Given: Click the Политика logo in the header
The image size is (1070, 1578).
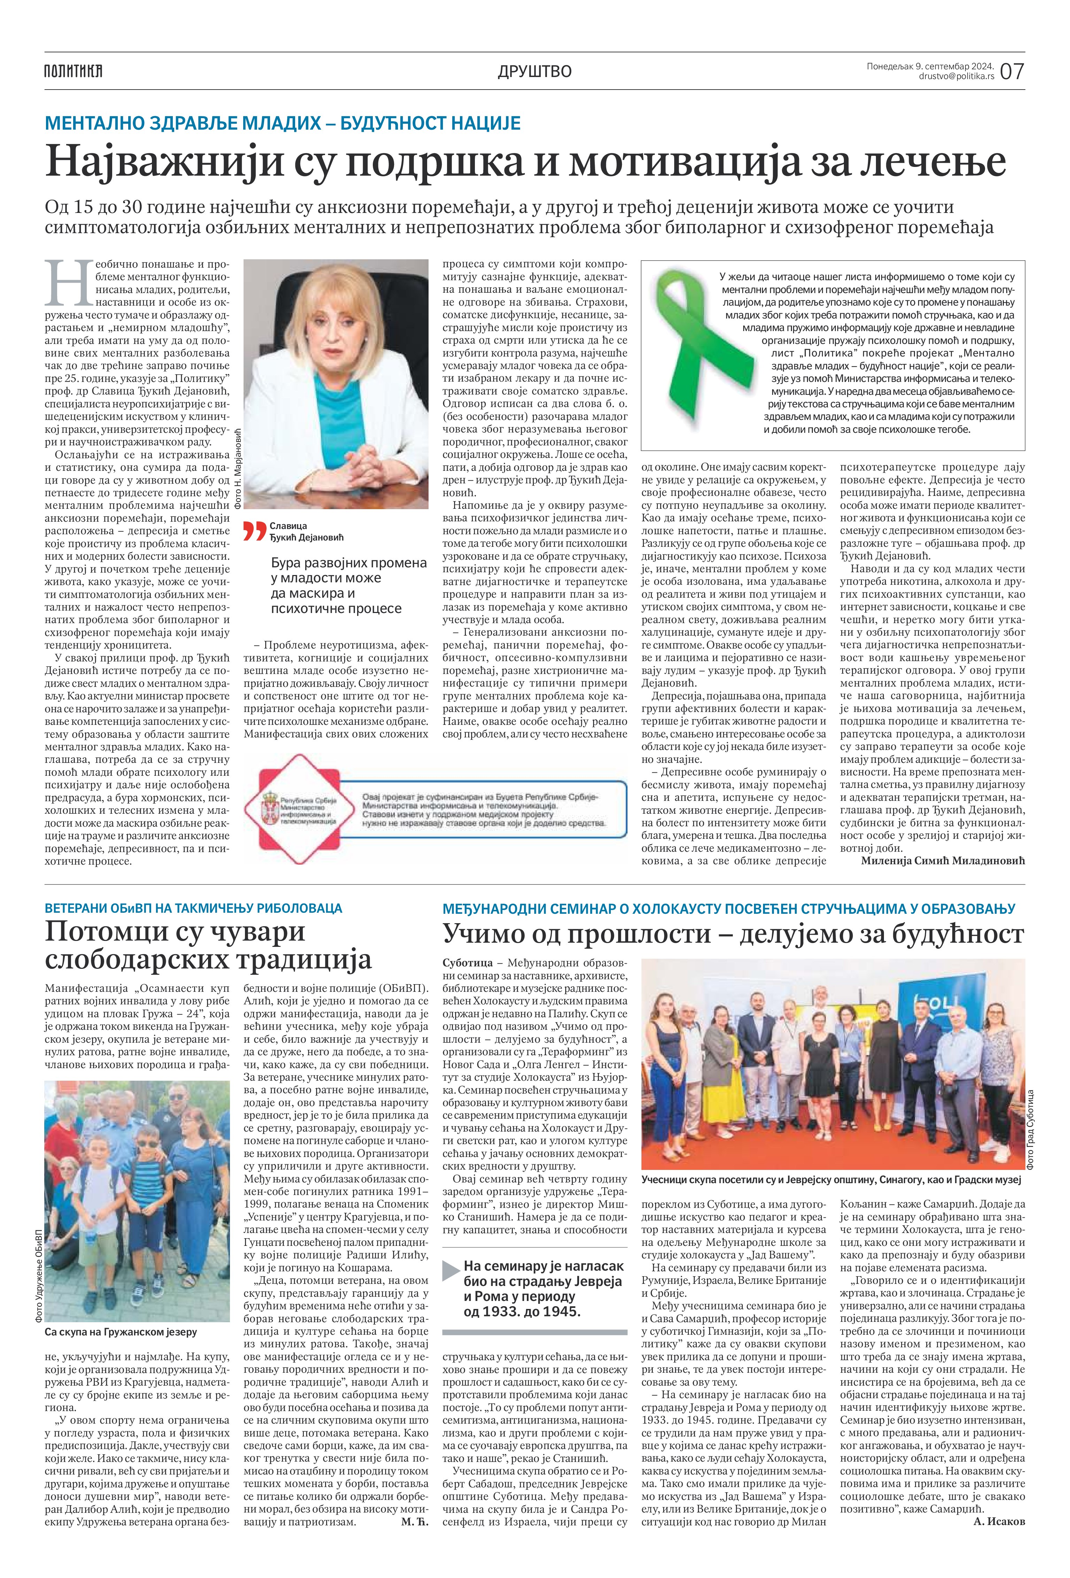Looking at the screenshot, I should pyautogui.click(x=73, y=71).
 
